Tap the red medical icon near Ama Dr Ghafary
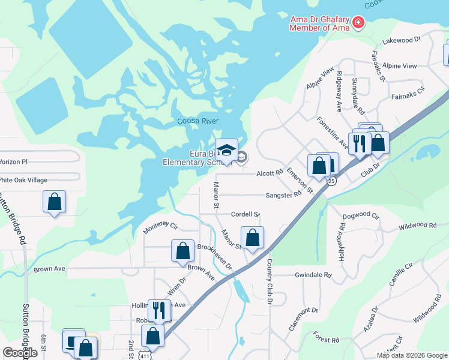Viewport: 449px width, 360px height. coord(358,23)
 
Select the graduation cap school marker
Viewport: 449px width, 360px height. coord(226,149)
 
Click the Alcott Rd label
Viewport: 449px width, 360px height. coord(270,173)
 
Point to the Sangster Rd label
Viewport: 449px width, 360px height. coord(283,195)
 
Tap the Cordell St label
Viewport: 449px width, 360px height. coord(246,214)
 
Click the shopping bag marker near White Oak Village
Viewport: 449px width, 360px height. coord(54,202)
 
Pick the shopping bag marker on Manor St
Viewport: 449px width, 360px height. coord(253,237)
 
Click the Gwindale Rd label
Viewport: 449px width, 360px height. coord(313,275)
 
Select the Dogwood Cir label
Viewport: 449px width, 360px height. coord(361,215)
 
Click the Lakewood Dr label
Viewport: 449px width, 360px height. coord(402,41)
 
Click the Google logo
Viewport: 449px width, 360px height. coord(20,353)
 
